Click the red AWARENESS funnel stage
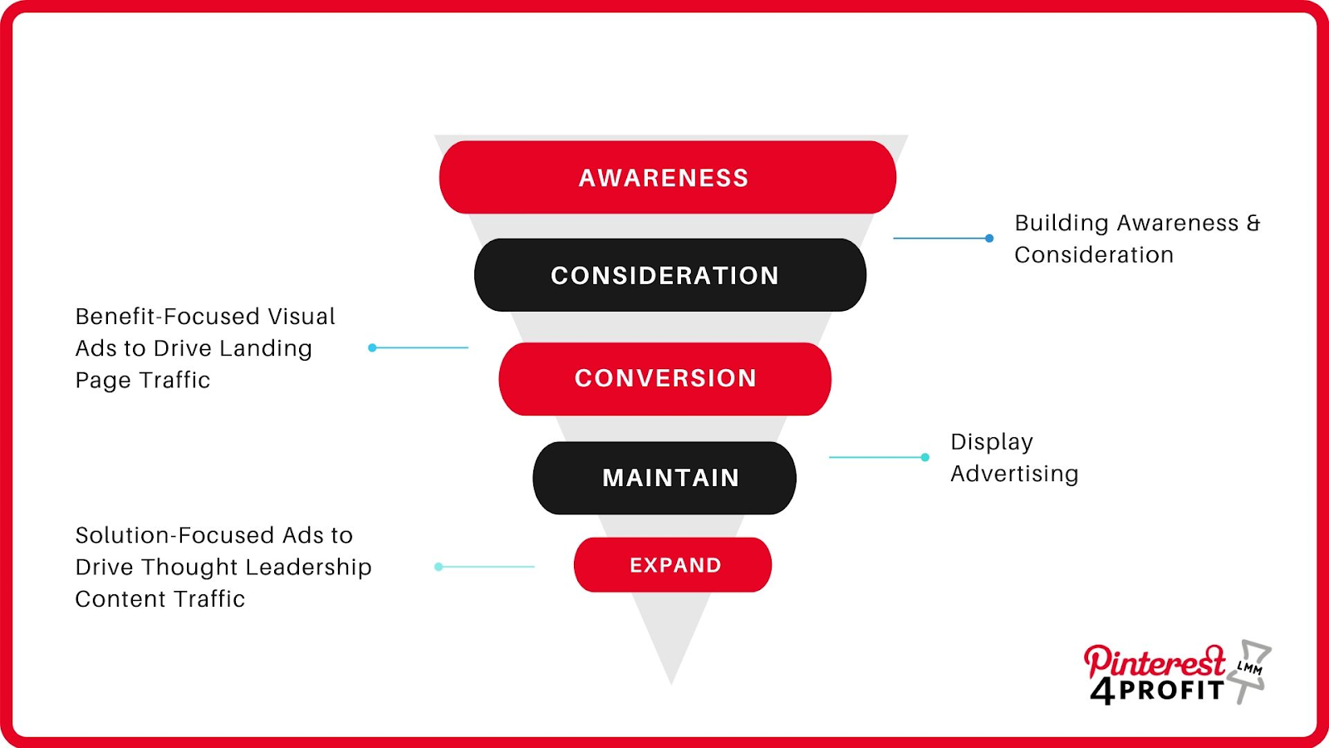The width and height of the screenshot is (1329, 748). coord(668,177)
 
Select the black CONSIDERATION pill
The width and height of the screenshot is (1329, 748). coord(669,275)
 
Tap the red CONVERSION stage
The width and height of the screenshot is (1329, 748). coord(664,379)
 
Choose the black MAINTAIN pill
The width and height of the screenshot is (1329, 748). coord(664,478)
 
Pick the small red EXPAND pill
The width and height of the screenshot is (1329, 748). coord(673,564)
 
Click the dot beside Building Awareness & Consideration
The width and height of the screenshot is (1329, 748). coord(989,238)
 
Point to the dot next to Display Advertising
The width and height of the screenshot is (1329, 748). coord(925,457)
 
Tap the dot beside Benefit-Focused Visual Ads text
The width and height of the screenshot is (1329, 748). coord(372,347)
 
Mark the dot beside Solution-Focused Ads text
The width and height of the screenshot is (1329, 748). coord(439,566)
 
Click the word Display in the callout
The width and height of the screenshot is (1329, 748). coord(992,442)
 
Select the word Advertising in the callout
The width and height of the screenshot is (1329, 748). coord(1014,474)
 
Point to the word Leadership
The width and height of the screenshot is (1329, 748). coord(308,568)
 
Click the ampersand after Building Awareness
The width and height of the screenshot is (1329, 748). coord(1253,224)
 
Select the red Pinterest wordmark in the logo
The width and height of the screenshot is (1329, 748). coord(1155,661)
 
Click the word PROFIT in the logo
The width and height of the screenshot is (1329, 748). coord(1171,691)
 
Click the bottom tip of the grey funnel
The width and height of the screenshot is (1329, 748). coord(671,684)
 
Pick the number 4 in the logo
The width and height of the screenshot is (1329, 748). coord(1102,691)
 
